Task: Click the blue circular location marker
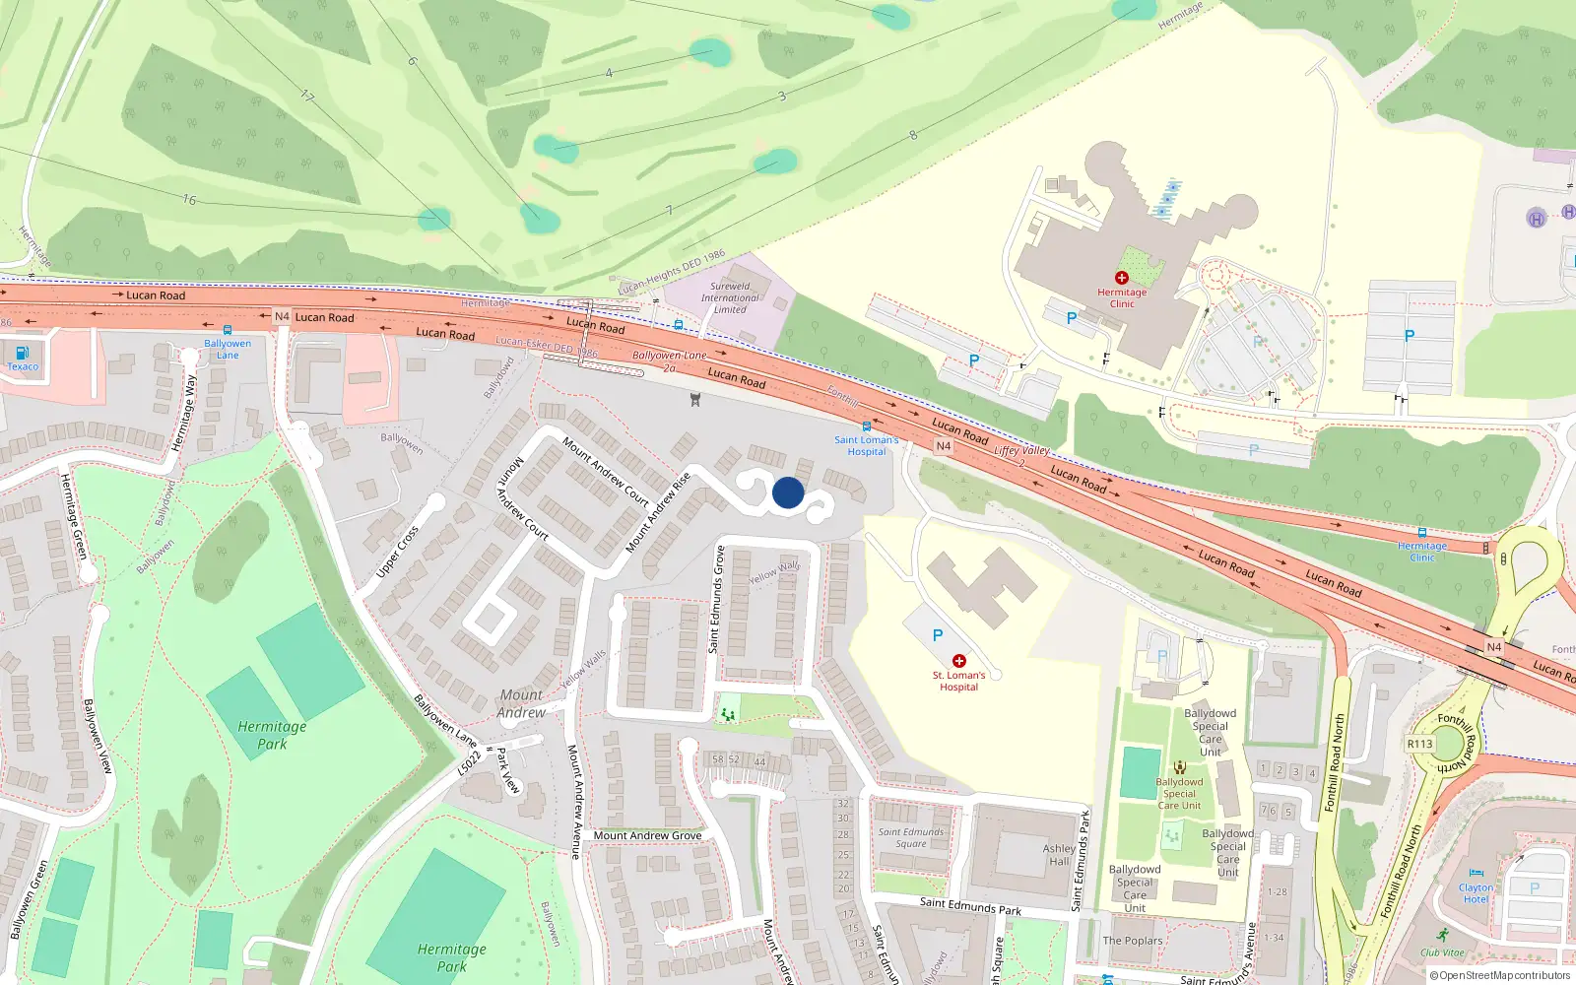tap(788, 492)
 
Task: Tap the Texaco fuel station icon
tap(23, 353)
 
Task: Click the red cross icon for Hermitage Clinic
tap(1121, 278)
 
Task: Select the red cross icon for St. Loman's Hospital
tap(958, 661)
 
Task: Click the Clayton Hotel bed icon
tap(1476, 874)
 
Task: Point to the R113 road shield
tap(1420, 744)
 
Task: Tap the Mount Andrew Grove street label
tap(647, 835)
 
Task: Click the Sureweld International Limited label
tap(730, 297)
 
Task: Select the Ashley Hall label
tap(1059, 854)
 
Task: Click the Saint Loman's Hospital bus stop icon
tap(866, 427)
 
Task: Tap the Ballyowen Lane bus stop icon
tap(228, 331)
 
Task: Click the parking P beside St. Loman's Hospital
tap(938, 635)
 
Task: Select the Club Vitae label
tap(1442, 952)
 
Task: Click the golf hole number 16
tap(189, 199)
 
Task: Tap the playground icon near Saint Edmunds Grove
tap(728, 713)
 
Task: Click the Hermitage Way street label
tap(184, 413)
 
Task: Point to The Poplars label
tap(1132, 941)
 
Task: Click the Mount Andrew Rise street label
tap(658, 512)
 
